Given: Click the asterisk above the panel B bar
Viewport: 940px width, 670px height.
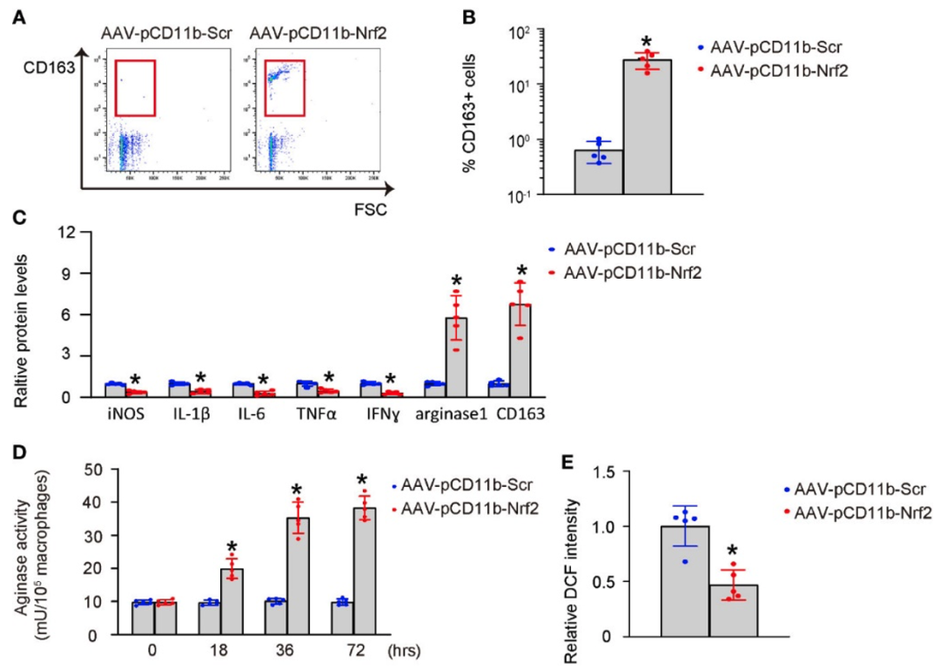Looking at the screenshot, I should [x=647, y=42].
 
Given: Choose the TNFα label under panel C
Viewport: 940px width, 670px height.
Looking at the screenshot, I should [x=315, y=415].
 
